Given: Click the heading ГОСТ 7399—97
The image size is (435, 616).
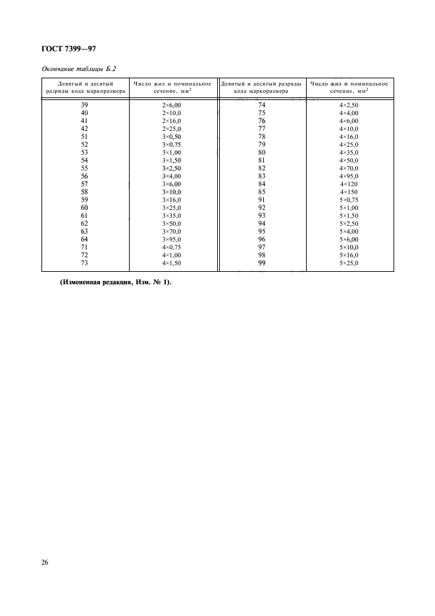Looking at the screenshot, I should pos(69,48).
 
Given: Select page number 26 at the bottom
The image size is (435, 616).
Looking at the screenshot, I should pos(45,563).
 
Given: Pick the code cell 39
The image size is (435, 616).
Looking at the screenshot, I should pos(84,105).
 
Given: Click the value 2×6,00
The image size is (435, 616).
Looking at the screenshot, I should pos(171,105).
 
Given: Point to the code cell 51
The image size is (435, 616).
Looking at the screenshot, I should pos(84,137).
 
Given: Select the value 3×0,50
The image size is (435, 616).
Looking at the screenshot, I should pos(171,137).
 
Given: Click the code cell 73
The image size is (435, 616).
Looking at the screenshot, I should pos(84,263).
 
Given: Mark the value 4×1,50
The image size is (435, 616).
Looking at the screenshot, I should pos(171,263).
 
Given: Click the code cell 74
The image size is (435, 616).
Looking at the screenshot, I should pos(261,105).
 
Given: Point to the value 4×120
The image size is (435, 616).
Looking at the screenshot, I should pos(349,184).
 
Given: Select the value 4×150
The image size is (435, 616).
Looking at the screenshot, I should pos(349,192).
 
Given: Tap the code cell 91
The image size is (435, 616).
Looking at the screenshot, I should pos(261,200).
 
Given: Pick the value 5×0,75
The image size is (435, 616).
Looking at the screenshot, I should pos(349,200).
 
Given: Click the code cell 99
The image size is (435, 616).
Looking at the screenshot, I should pos(261,263).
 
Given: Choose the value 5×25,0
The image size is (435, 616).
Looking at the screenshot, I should pos(349,263).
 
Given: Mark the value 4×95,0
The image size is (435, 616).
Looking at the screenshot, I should pos(349,176).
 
